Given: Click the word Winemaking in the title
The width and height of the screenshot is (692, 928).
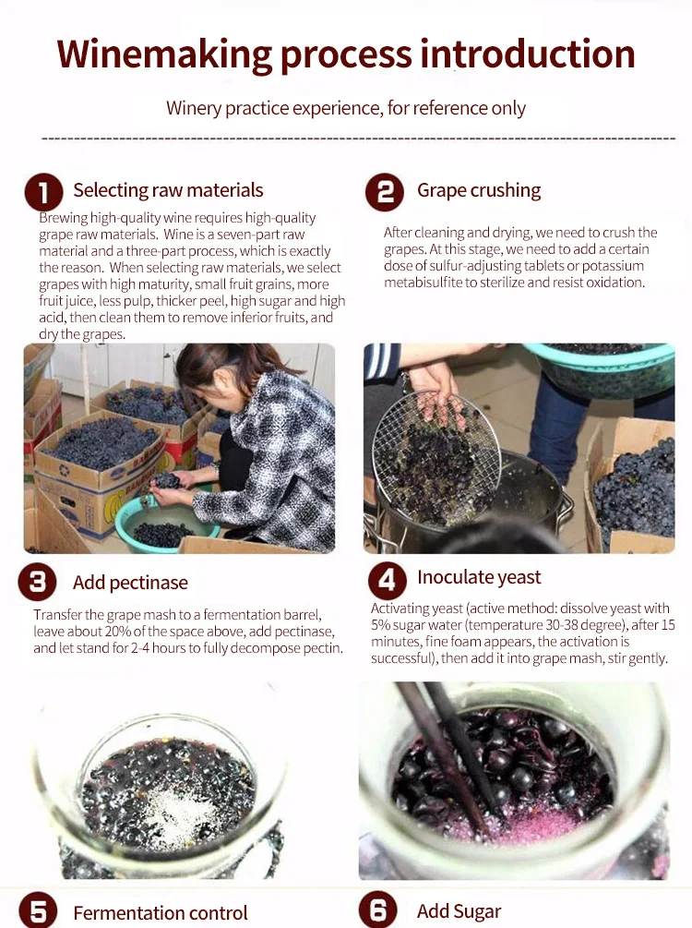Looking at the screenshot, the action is pos(164,55).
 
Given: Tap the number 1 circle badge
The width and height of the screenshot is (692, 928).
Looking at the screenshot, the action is pos(43,192).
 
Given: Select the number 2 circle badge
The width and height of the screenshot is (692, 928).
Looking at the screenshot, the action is pos(385,192).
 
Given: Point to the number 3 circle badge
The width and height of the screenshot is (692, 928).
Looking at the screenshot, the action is pos(37,582).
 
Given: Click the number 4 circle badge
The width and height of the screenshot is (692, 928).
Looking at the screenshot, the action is pos(388,581).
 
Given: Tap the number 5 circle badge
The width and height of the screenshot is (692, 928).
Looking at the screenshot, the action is pos(38,911).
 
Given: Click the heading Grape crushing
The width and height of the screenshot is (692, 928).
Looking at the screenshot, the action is pos(479,190).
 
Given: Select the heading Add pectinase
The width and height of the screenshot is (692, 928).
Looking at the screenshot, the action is pos(130,583).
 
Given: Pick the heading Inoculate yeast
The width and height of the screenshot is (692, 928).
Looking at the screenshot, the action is pos(479,577).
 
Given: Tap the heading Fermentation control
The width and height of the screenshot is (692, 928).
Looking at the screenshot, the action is pos(161,912).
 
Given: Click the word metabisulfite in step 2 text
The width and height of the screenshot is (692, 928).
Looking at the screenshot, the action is pos(423,283).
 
